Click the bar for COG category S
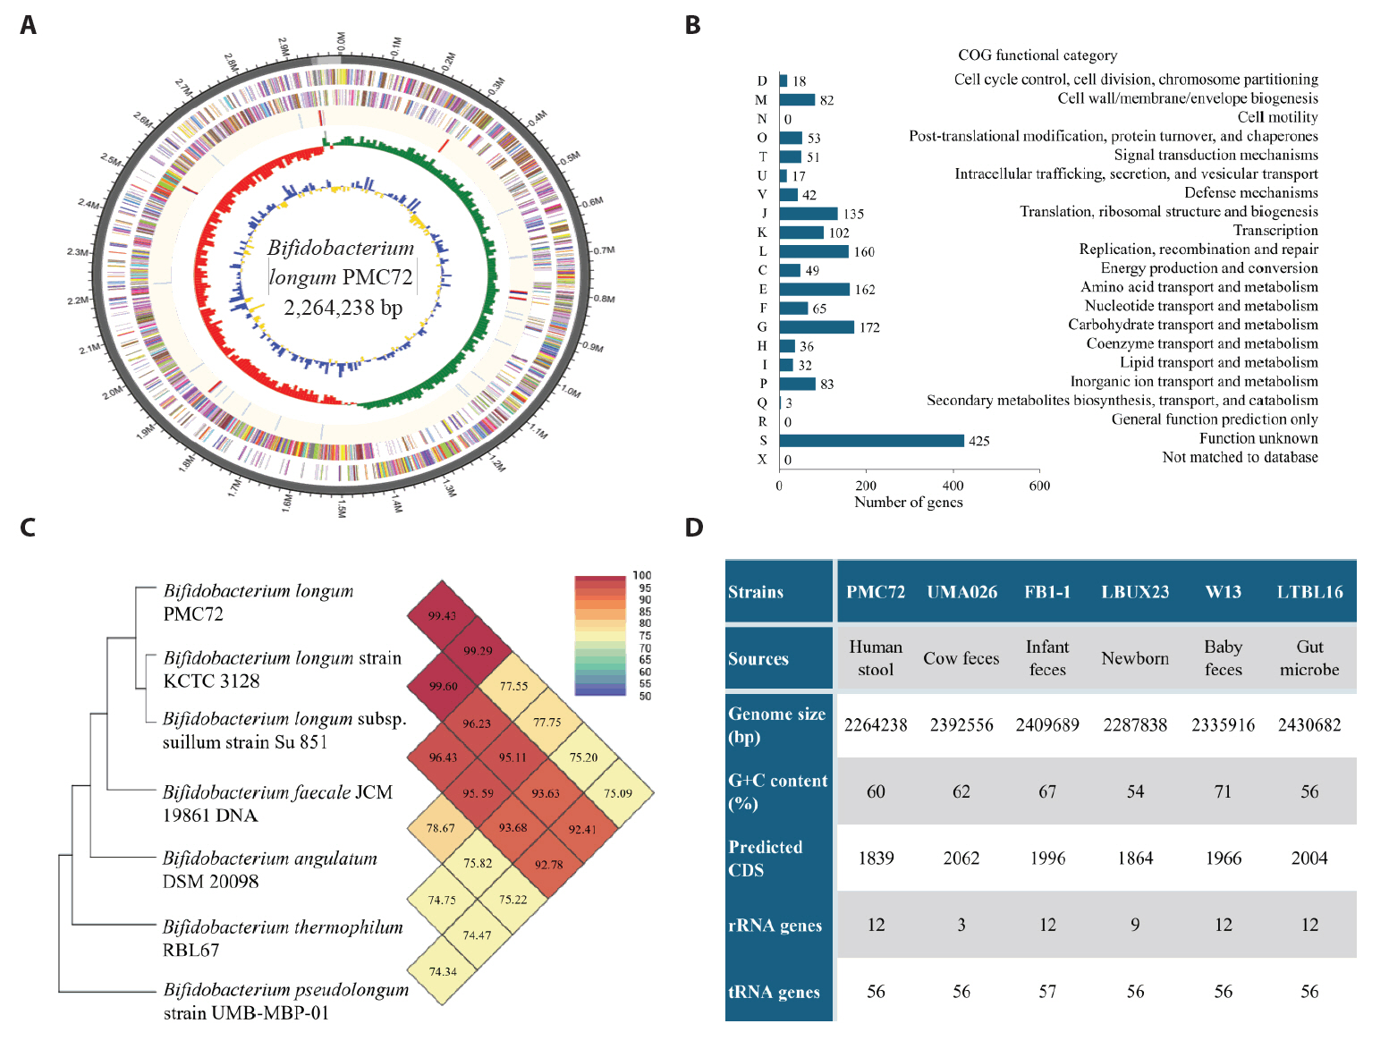[x=871, y=440]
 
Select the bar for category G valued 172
[x=817, y=327]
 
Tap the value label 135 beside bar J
[x=853, y=214]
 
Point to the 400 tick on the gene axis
[x=953, y=486]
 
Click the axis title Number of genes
[x=908, y=503]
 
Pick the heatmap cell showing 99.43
[x=442, y=615]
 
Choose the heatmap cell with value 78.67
[x=441, y=828]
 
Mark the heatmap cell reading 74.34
[x=443, y=971]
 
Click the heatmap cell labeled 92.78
[x=548, y=864]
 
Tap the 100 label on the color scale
[x=641, y=575]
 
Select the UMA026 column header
[x=961, y=592]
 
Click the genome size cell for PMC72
[x=876, y=724]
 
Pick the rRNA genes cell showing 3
[x=961, y=925]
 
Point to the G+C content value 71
[x=1223, y=791]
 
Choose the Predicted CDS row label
[x=766, y=859]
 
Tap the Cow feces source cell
[x=961, y=658]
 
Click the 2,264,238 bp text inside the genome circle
[x=343, y=308]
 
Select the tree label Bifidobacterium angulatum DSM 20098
[x=270, y=869]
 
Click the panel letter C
[x=28, y=528]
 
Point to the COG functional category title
[x=1038, y=55]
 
